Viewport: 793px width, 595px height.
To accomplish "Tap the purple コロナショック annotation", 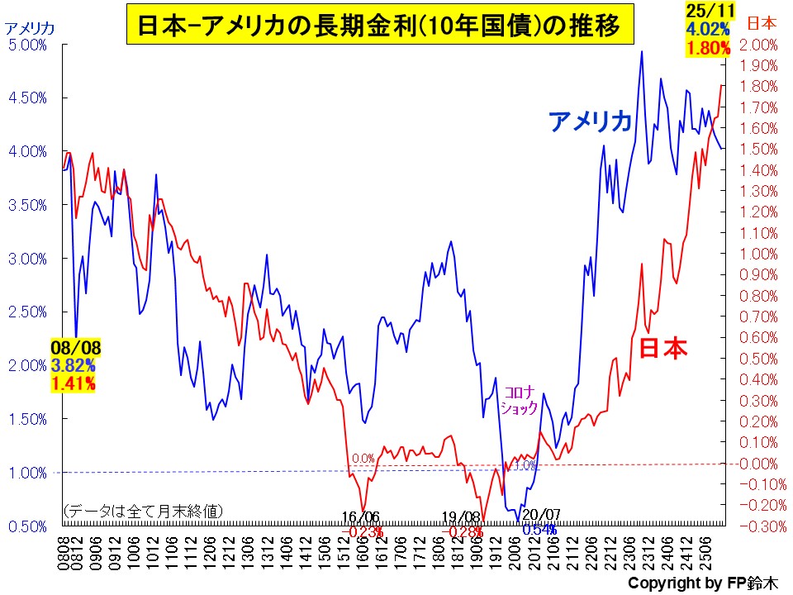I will pyautogui.click(x=520, y=400).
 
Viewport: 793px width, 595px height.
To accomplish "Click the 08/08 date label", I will pyautogui.click(x=72, y=347).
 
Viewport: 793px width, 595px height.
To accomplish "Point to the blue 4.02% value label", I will pyautogui.click(x=706, y=29).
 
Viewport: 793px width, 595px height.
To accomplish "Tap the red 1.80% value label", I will pyautogui.click(x=707, y=48).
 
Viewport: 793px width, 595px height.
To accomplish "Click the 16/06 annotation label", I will pyautogui.click(x=361, y=518).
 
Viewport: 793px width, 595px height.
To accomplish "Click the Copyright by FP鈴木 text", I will pyautogui.click(x=703, y=583).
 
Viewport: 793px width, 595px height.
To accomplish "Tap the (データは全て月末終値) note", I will pyautogui.click(x=142, y=511).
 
